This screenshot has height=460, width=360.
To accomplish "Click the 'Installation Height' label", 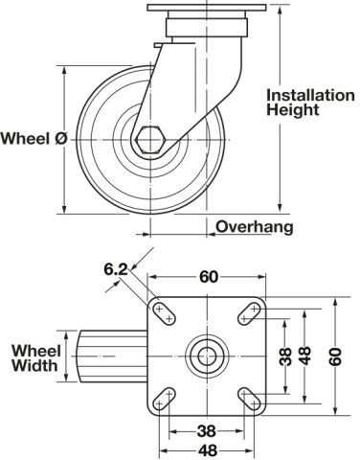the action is coord(310,103).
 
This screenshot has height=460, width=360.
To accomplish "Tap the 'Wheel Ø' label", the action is coord(34,139).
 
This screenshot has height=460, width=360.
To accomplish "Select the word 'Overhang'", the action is coord(255,227).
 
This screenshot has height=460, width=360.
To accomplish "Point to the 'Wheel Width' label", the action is coord(35,358).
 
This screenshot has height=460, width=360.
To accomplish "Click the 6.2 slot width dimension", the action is coord(116,269).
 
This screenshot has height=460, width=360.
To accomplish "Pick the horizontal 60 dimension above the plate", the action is coord(209,277).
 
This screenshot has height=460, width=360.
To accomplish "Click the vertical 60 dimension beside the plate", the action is coord(335,356).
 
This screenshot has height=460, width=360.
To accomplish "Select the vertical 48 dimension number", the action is coord(305,356).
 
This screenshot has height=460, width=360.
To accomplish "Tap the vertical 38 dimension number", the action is coord(286,356).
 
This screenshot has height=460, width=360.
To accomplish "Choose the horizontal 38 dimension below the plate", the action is coord(207,431).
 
